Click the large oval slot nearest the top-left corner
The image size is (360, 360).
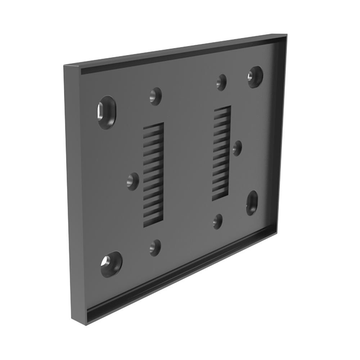[x=107, y=112]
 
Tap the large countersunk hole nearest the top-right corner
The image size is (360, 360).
[x=255, y=76]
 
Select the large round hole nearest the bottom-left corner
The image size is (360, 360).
[x=111, y=264]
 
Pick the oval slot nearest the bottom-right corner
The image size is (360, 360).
[x=252, y=203]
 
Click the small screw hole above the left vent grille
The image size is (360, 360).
[x=156, y=96]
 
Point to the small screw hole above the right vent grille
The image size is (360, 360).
[x=221, y=82]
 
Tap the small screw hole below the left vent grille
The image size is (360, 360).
[x=155, y=248]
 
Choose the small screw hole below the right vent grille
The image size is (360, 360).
[x=217, y=221]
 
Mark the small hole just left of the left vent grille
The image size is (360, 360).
[x=133, y=181]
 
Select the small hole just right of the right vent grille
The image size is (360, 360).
[x=237, y=148]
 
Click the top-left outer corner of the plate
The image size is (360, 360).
[x=64, y=66]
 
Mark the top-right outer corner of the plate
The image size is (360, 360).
[x=287, y=35]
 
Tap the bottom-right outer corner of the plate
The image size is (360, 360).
[x=276, y=233]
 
